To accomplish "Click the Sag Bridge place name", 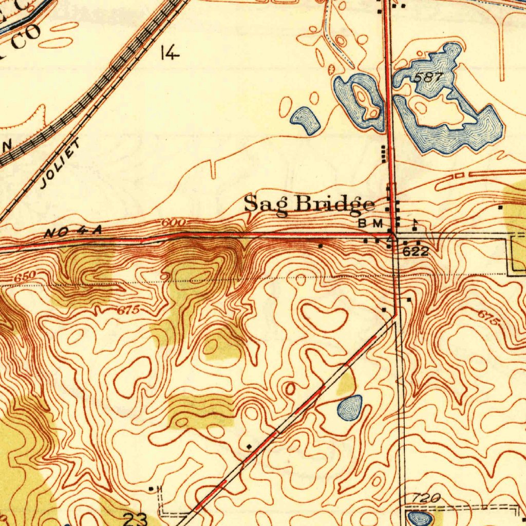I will click(x=309, y=204).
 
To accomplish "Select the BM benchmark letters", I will click(x=371, y=223).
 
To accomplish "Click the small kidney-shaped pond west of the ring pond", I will click(x=306, y=120).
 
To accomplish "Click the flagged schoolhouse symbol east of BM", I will click(x=414, y=225).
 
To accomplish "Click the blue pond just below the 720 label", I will click(x=418, y=518).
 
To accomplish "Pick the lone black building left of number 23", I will click(x=151, y=488).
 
